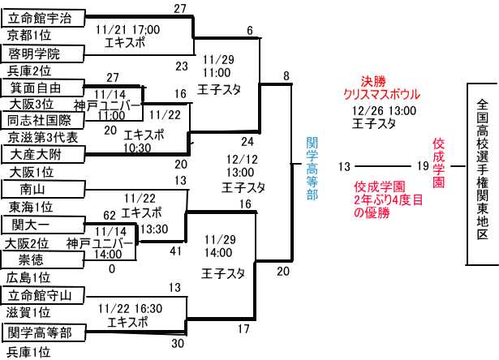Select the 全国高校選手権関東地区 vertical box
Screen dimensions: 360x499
pyautogui.click(x=483, y=174)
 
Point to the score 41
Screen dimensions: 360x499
pyautogui.click(x=174, y=251)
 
